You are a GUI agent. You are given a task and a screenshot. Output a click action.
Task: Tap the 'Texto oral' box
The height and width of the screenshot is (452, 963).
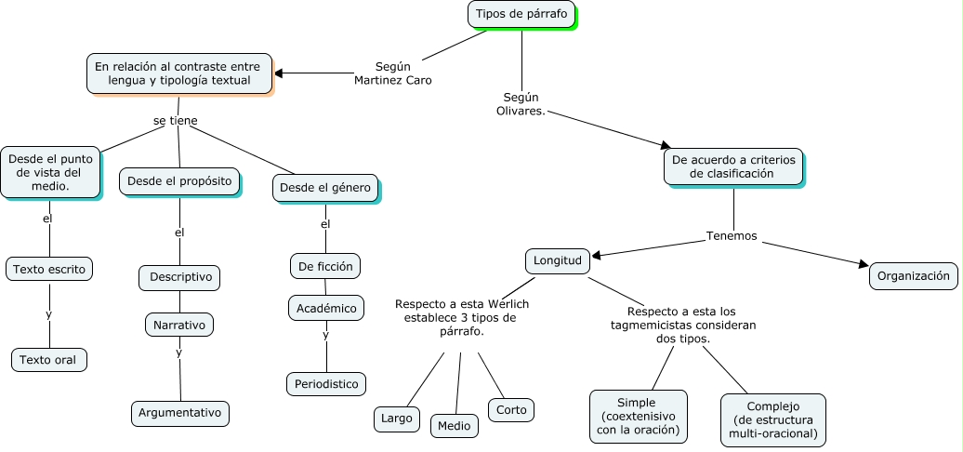tap(48, 360)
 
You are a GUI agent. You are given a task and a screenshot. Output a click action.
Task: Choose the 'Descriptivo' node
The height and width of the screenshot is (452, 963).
tap(180, 277)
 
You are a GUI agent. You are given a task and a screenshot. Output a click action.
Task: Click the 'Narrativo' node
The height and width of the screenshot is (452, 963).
tap(179, 325)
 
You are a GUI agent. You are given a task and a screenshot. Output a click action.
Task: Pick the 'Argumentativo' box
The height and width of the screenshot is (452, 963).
tap(179, 412)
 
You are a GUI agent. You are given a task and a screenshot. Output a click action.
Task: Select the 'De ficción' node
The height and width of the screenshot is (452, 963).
tap(324, 266)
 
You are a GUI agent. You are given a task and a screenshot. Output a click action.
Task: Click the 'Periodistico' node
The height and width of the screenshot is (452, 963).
tap(325, 383)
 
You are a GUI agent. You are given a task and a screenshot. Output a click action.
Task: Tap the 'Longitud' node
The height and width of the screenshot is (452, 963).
tap(557, 261)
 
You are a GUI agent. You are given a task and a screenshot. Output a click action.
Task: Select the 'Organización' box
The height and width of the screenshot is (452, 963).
tap(913, 275)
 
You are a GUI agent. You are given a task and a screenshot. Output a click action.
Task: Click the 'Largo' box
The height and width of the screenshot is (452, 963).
tap(396, 419)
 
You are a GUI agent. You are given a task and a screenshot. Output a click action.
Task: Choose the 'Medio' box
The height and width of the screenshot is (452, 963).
tap(455, 426)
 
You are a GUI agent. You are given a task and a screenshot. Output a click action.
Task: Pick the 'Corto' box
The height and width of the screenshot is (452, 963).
tap(511, 409)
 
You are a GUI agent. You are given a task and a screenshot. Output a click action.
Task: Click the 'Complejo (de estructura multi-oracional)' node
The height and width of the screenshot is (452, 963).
tap(772, 419)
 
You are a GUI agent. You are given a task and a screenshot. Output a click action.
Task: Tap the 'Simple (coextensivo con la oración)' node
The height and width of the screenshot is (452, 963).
tap(638, 416)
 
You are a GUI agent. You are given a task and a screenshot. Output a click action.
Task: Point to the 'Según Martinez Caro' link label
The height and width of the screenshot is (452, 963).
tap(392, 73)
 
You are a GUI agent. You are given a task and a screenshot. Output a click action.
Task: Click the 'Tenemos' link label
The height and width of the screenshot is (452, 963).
tap(732, 236)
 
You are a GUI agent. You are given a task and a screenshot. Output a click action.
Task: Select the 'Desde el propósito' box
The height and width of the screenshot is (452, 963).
tap(178, 181)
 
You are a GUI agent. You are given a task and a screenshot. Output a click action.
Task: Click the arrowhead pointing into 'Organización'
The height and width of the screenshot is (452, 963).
tap(863, 267)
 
